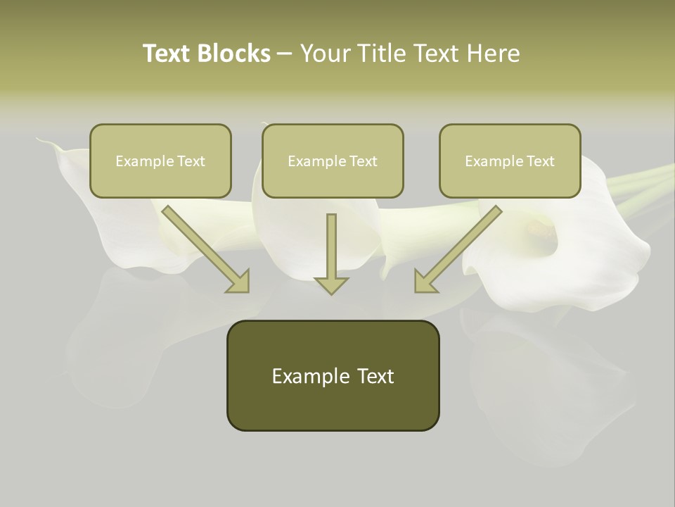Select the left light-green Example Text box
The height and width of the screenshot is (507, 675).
[160, 161]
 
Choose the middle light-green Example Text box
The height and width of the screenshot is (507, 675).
[333, 161]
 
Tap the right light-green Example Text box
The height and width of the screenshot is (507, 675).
[510, 161]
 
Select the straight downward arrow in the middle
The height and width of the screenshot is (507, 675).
[331, 254]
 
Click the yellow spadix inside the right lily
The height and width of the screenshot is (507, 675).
[540, 227]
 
